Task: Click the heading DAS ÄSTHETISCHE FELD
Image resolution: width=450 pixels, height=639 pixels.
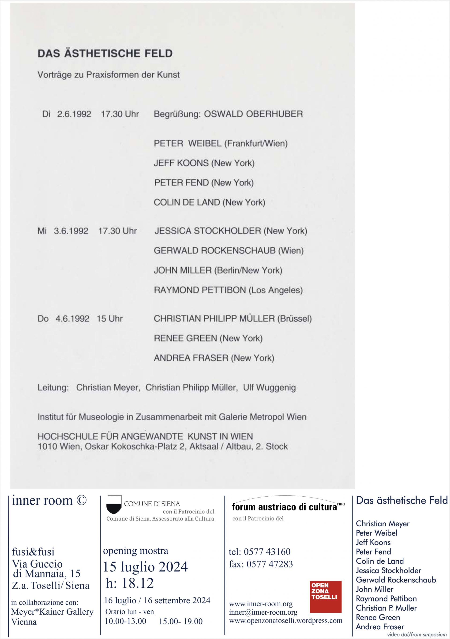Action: click(105, 53)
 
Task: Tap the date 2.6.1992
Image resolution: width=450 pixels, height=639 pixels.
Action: click(74, 114)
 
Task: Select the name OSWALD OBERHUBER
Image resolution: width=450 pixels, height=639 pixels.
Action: click(253, 114)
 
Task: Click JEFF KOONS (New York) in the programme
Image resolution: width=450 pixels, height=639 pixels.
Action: click(204, 163)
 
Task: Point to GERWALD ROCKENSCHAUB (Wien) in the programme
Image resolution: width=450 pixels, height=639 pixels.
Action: click(228, 251)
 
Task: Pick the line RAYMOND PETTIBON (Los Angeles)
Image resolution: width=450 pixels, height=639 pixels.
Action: click(228, 290)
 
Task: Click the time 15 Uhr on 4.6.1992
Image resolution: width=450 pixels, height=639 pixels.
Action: click(110, 319)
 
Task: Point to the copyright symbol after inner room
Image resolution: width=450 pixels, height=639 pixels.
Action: click(82, 500)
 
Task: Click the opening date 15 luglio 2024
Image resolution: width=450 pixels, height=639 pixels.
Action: click(145, 567)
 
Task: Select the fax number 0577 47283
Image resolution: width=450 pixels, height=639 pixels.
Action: click(269, 564)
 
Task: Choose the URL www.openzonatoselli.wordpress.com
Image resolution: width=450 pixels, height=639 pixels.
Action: click(285, 621)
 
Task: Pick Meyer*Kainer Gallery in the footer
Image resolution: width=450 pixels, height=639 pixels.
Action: click(52, 612)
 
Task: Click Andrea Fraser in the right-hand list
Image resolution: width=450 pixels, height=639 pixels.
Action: click(380, 627)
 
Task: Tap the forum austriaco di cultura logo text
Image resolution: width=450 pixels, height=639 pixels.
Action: click(284, 507)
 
